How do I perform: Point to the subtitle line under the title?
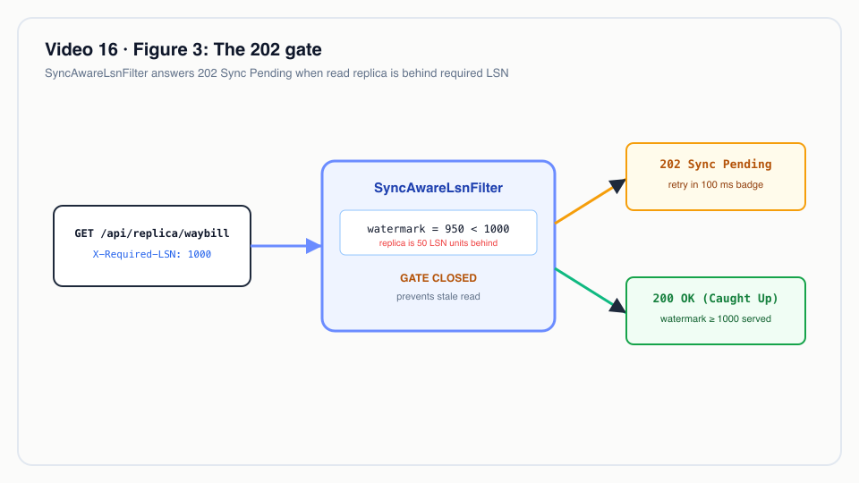point(276,73)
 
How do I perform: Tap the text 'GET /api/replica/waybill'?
point(152,233)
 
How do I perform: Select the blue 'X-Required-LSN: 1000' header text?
point(152,254)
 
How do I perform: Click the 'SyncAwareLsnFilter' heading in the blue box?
point(438,188)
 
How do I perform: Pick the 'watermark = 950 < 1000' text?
point(438,229)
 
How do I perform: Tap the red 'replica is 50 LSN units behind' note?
point(438,243)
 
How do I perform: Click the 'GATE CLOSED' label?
point(438,278)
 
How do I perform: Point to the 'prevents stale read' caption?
point(438,296)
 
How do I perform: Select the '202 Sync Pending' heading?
point(716,165)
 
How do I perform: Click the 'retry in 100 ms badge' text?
point(716,184)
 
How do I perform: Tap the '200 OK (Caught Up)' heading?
point(716,299)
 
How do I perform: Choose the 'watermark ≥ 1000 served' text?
point(716,318)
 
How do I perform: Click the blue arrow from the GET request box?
point(286,246)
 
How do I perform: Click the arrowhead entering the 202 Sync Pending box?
point(618,185)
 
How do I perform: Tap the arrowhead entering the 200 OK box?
point(618,306)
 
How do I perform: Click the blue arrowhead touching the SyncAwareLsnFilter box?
point(314,246)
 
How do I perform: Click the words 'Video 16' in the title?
point(81,50)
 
